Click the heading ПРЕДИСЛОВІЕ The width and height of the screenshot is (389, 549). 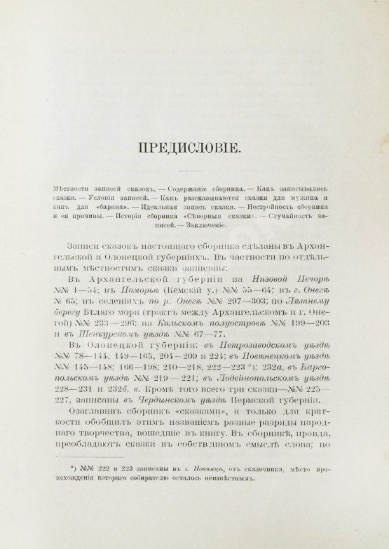(x=194, y=149)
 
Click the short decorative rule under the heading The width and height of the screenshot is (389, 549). (x=194, y=172)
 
